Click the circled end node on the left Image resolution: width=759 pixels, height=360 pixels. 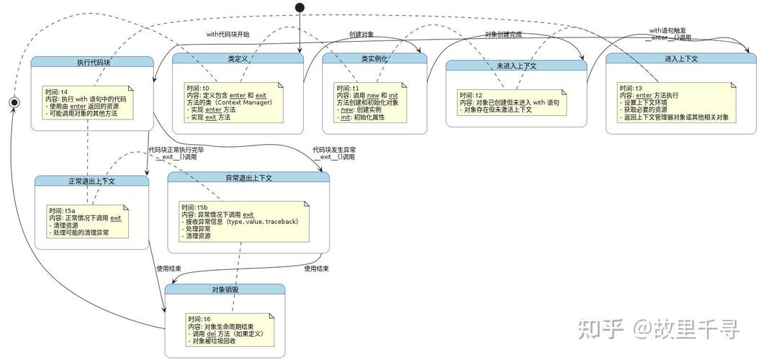tap(12, 103)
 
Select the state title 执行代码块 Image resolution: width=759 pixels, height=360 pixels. tap(94, 63)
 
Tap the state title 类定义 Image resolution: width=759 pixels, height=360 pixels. tap(238, 58)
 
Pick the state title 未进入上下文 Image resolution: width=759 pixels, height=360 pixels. tap(516, 66)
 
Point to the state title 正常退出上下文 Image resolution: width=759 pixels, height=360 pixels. tap(91, 181)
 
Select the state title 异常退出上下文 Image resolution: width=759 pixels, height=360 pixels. tap(248, 177)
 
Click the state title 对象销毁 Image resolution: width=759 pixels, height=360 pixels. tap(225, 289)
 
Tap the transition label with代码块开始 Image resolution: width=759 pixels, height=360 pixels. tap(228, 34)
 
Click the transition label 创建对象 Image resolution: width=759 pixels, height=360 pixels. tap(361, 34)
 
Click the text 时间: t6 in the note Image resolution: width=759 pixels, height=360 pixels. tap(199, 318)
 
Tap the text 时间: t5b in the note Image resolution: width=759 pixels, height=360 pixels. tap(194, 207)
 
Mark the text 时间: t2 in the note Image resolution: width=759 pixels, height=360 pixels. tap(470, 95)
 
